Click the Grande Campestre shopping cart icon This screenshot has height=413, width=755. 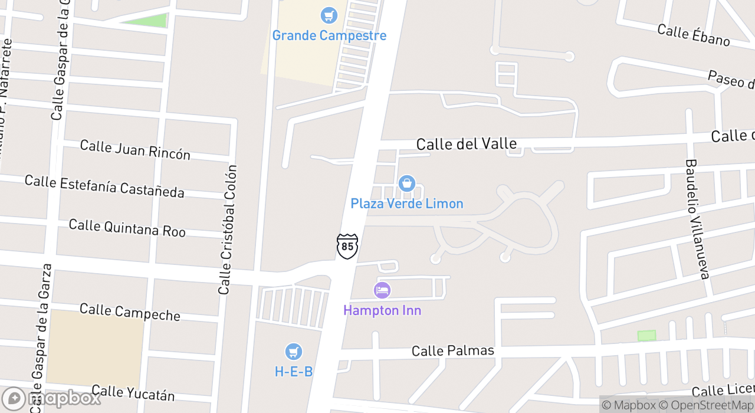(329, 15)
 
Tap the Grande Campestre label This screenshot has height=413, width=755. (329, 35)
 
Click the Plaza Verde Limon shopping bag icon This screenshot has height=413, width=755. (406, 183)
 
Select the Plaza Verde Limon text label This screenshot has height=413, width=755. (407, 204)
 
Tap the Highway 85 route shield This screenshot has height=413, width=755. (347, 246)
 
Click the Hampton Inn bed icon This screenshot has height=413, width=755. (382, 290)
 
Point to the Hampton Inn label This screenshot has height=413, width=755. (382, 310)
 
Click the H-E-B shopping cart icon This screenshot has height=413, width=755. (294, 352)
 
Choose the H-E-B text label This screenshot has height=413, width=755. (294, 372)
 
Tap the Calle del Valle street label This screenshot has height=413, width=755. (467, 144)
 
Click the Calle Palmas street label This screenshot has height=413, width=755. (453, 350)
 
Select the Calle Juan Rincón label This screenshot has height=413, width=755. (135, 149)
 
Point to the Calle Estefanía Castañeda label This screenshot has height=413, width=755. (104, 186)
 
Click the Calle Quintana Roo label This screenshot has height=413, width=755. (127, 227)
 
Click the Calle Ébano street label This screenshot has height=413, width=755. (694, 35)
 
